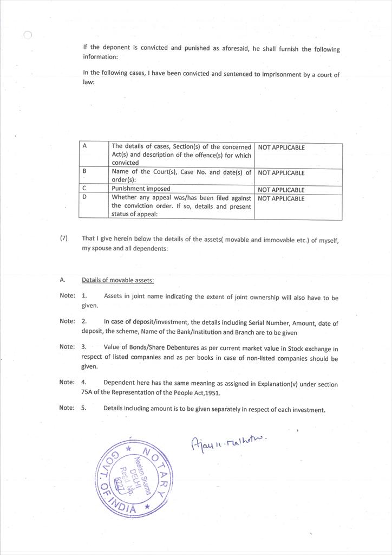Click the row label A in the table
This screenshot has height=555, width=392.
click(84, 146)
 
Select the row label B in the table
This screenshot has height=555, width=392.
click(84, 171)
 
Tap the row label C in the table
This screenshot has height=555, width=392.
click(84, 189)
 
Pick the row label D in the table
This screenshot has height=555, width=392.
click(84, 197)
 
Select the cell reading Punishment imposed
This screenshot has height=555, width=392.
click(141, 189)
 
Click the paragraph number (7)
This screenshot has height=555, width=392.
click(64, 238)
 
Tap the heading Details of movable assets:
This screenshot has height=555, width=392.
click(118, 280)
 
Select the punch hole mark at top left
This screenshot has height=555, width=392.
click(28, 35)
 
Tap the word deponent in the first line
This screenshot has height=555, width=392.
click(117, 48)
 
